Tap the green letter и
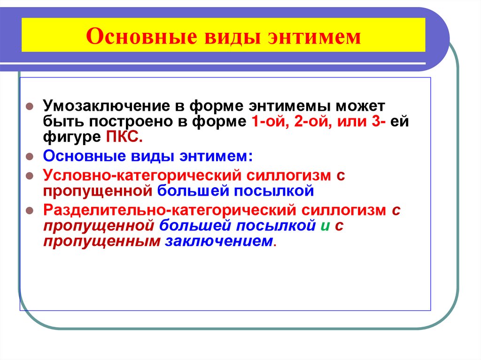point(324,226)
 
